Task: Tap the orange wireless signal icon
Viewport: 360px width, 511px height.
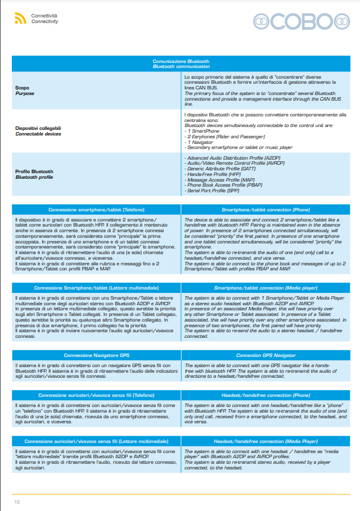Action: pyautogui.click(x=20, y=19)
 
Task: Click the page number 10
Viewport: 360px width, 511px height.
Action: pyautogui.click(x=17, y=501)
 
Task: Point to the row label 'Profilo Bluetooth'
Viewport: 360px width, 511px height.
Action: pyautogui.click(x=34, y=171)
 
